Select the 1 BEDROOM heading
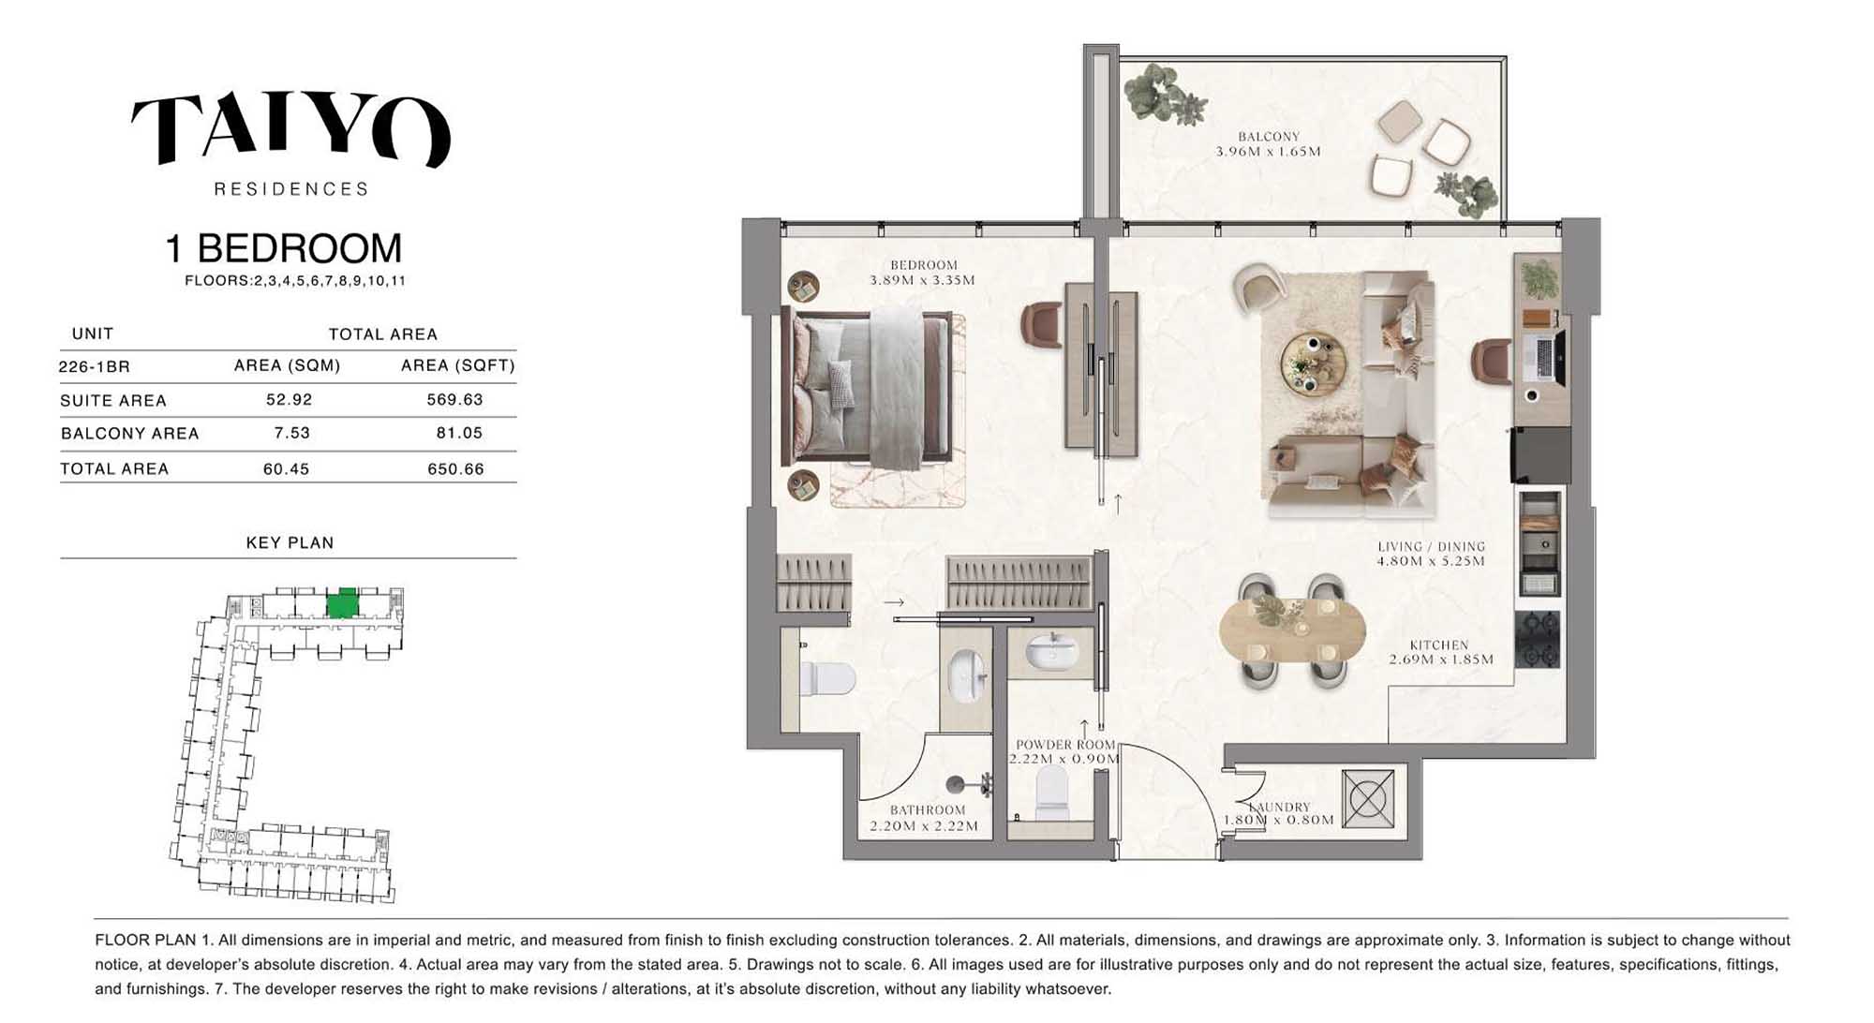(x=283, y=249)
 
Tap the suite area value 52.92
(x=289, y=399)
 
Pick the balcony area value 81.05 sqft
(x=459, y=433)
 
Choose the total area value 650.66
(x=455, y=468)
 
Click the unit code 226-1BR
(x=94, y=366)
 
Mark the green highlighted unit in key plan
(x=342, y=602)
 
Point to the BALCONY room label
(x=1269, y=137)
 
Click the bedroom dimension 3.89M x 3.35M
(x=922, y=280)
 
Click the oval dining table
(x=1292, y=630)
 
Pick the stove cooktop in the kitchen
(x=1538, y=639)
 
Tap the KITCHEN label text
(x=1439, y=645)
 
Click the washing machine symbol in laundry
(x=1368, y=799)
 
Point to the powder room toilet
(x=1052, y=793)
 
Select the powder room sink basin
(x=1051, y=650)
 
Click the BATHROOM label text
(x=928, y=810)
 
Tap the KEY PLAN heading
(x=290, y=542)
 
